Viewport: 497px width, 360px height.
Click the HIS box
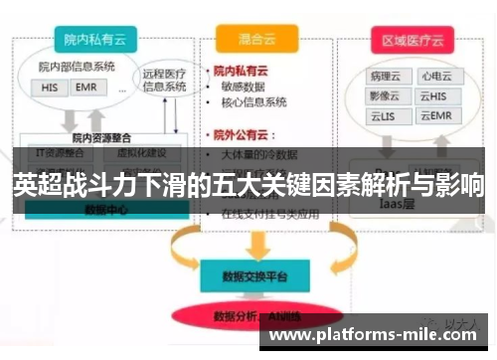coord(50,87)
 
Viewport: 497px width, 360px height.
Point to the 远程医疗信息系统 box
coord(164,79)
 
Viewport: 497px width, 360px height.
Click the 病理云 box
coord(383,76)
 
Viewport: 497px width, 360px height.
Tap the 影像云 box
coord(383,95)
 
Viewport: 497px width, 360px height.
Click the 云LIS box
coord(383,116)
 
